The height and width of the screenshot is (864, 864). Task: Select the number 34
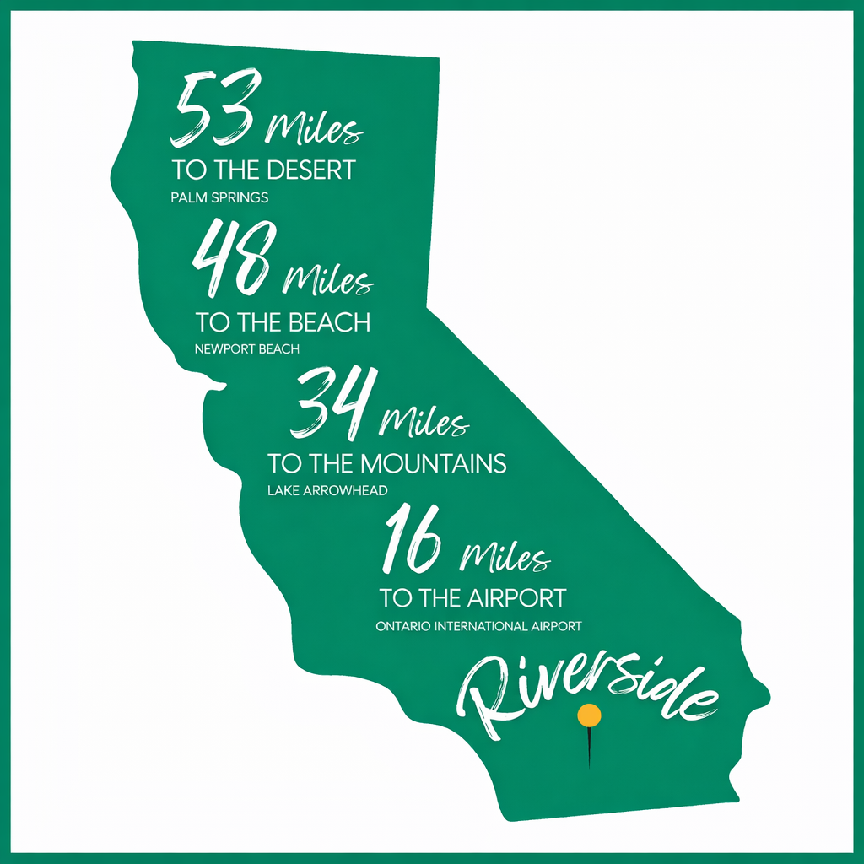tap(329, 402)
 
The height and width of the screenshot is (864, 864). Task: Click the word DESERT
tap(310, 170)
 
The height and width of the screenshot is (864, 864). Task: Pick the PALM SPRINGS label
tap(219, 198)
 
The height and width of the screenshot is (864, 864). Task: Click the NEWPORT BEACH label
tap(247, 348)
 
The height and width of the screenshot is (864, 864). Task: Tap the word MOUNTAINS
tap(433, 463)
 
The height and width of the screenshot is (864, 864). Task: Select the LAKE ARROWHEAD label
tap(327, 489)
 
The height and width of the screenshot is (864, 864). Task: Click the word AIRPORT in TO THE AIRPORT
tap(516, 598)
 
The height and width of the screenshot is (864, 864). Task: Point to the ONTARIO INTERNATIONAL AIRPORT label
tap(479, 626)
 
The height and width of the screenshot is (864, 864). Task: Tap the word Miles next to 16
tap(505, 557)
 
